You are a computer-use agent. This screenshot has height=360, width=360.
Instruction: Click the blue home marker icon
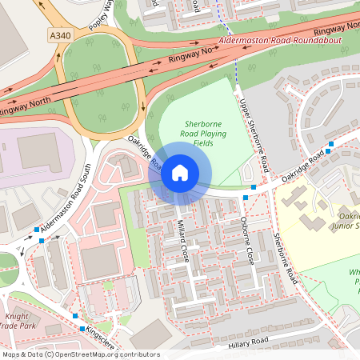pyautogui.click(x=180, y=173)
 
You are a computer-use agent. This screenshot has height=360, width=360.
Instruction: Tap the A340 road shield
pyautogui.click(x=59, y=34)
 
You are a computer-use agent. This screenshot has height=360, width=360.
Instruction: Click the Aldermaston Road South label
pyautogui.click(x=68, y=196)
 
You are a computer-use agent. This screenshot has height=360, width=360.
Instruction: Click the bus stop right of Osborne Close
pyautogui.click(x=254, y=188)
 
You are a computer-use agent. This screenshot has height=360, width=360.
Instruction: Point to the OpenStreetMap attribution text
pyautogui.click(x=81, y=354)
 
